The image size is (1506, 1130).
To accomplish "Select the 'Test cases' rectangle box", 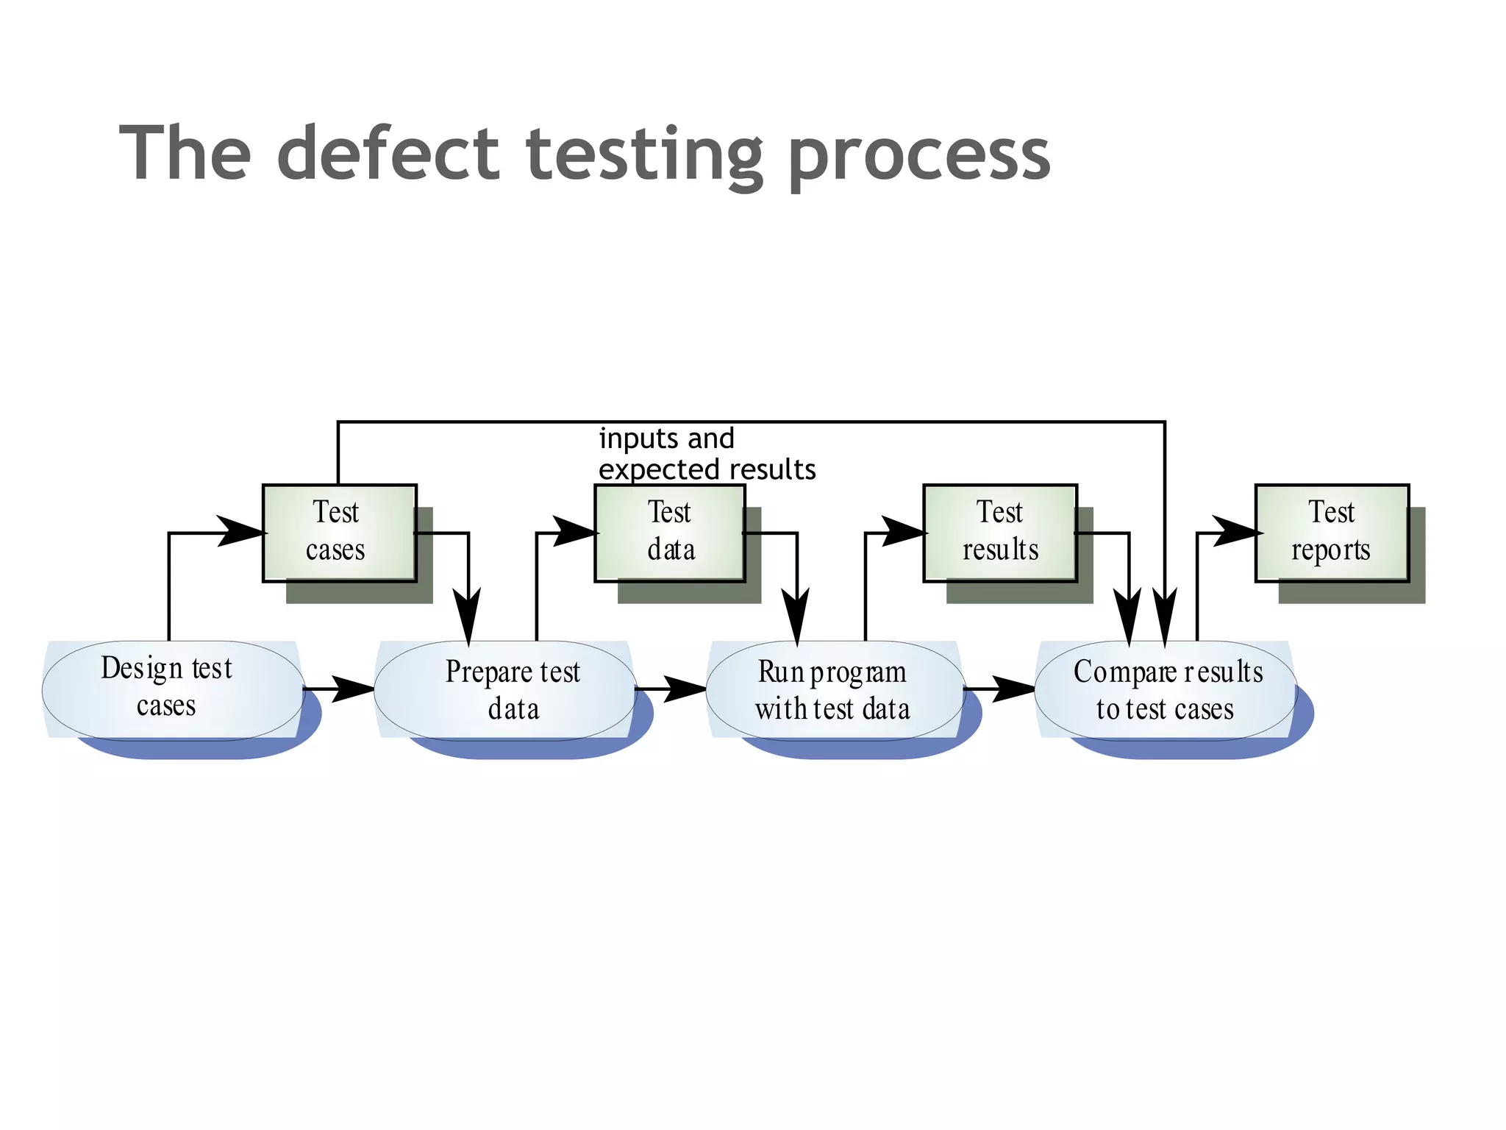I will [339, 533].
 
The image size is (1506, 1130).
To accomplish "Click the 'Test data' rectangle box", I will [669, 533].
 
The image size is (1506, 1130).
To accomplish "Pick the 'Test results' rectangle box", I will [999, 533].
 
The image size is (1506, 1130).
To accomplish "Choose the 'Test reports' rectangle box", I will [1331, 533].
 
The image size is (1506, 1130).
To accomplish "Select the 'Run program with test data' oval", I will [835, 689].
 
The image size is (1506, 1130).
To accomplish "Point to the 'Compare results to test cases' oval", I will [1165, 689].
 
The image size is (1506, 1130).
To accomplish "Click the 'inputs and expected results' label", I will [706, 454].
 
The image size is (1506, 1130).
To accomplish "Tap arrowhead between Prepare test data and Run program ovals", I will [685, 689].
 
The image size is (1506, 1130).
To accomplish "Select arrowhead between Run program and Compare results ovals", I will [1013, 689].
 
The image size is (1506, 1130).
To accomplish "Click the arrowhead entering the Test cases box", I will [241, 531].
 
